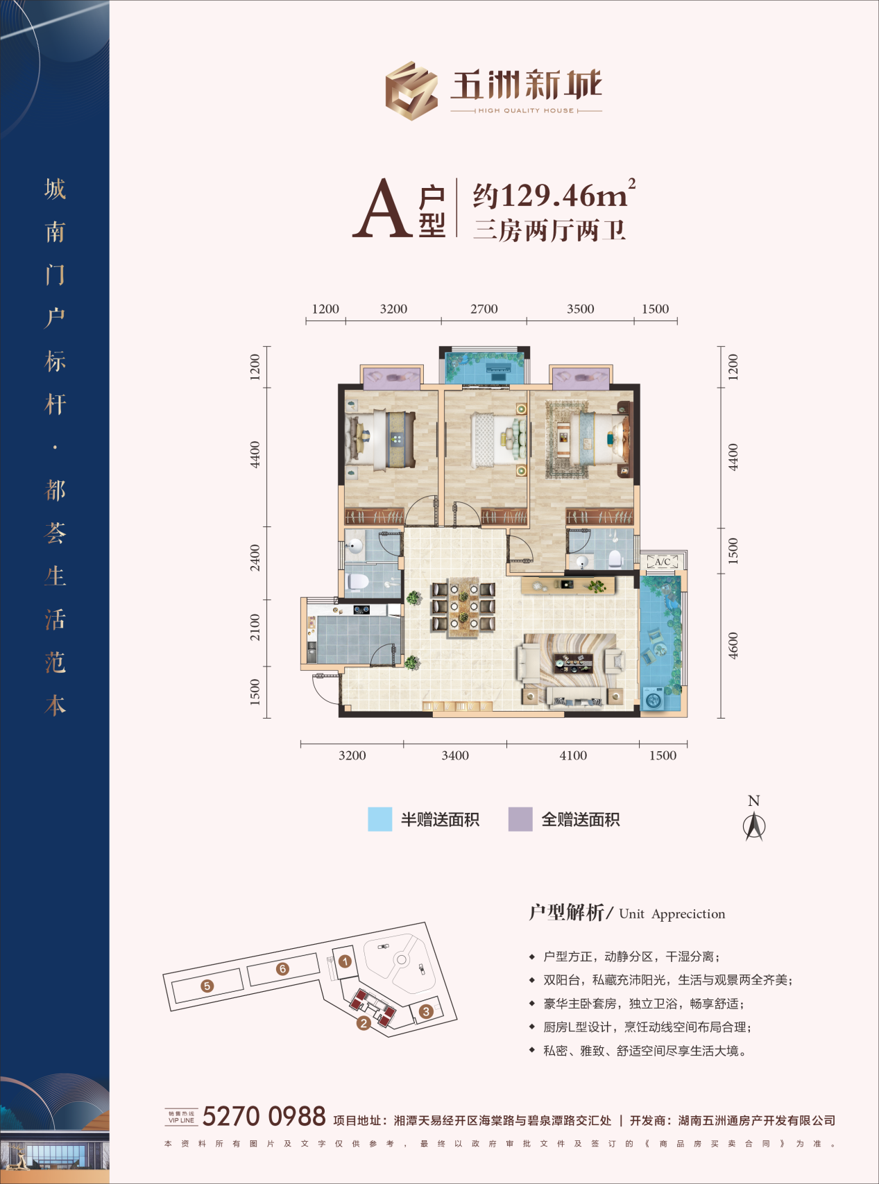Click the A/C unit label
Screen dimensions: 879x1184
[663, 562]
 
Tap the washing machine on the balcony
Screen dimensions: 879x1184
[654, 698]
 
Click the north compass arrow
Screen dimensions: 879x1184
[754, 826]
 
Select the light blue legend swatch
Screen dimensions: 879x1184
[379, 819]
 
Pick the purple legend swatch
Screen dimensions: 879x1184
[520, 819]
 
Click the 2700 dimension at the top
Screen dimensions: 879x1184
[484, 309]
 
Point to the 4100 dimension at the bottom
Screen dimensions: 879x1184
[573, 755]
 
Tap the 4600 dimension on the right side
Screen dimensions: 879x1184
[733, 646]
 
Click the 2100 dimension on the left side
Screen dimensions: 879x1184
[255, 628]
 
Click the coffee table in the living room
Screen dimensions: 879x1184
[573, 662]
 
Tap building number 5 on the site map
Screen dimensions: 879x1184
[207, 985]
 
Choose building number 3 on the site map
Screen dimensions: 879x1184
[427, 1011]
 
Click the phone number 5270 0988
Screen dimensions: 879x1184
[264, 1116]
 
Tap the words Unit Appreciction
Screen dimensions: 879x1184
[672, 913]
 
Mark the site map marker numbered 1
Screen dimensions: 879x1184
[345, 961]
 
